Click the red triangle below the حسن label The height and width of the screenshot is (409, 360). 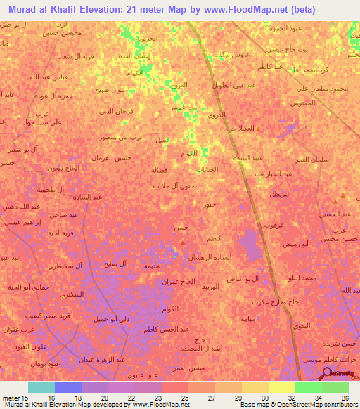[x=184, y=243]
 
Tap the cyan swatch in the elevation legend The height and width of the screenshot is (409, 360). [x=41, y=387]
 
